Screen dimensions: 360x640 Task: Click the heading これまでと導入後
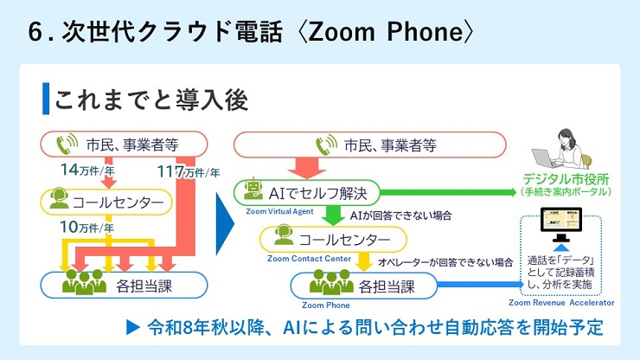151,98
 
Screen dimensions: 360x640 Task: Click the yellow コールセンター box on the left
105,202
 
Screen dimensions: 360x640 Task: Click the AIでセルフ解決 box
307,190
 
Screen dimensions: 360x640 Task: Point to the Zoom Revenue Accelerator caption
561,303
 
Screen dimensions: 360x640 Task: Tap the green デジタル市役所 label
567,179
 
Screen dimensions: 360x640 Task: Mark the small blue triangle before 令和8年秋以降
132,328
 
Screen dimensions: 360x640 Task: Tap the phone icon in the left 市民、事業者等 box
67,144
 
